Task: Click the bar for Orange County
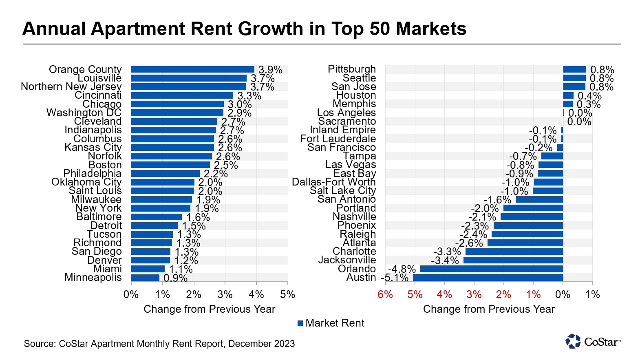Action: pyautogui.click(x=192, y=70)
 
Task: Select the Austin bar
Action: pyautogui.click(x=488, y=278)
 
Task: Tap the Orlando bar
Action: pyautogui.click(x=491, y=269)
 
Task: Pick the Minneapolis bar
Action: pyautogui.click(x=145, y=278)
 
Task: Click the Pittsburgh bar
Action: pyautogui.click(x=574, y=70)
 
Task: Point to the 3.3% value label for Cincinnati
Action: pyautogui.click(x=249, y=96)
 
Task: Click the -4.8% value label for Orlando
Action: pyautogui.click(x=402, y=269)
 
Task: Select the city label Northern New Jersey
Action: pyautogui.click(x=71, y=87)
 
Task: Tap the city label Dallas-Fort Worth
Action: pyautogui.click(x=333, y=182)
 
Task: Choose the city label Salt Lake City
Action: pyautogui.click(x=342, y=191)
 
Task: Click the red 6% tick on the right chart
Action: pyautogui.click(x=385, y=295)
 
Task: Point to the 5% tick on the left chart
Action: pyautogui.click(x=288, y=295)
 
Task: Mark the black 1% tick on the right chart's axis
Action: pyautogui.click(x=592, y=295)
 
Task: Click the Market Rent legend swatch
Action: pyautogui.click(x=300, y=323)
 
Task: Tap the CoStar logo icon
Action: pyautogui.click(x=573, y=341)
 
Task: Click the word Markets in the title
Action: pyautogui.click(x=431, y=29)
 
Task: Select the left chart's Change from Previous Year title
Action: pyautogui.click(x=209, y=309)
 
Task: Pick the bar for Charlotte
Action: pyautogui.click(x=514, y=252)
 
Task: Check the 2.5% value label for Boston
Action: pyautogui.click(x=226, y=165)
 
